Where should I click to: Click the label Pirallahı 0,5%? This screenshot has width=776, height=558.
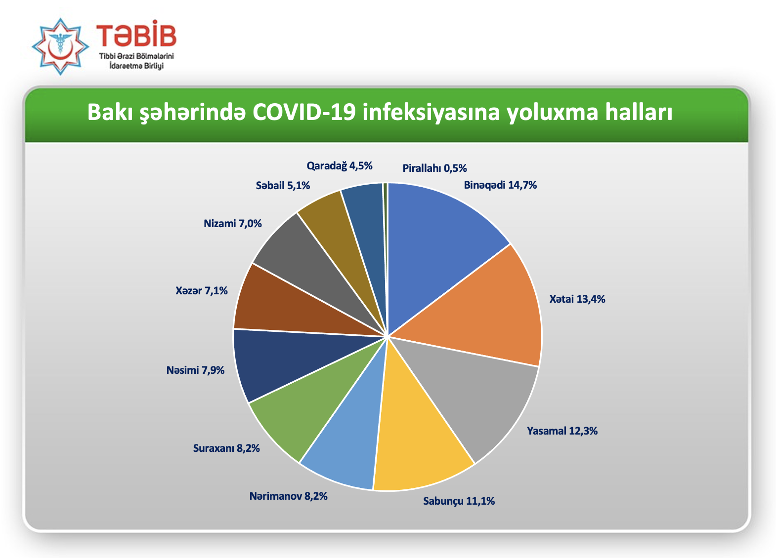tap(434, 168)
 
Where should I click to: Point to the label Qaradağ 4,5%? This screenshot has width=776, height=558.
tap(340, 166)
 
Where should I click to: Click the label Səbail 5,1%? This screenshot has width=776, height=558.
tap(283, 186)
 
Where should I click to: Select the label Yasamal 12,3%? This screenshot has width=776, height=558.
tap(562, 431)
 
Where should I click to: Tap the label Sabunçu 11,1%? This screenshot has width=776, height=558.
tap(459, 501)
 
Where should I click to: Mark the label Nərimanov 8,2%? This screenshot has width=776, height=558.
tap(288, 496)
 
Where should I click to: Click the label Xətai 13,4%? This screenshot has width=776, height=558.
tap(577, 299)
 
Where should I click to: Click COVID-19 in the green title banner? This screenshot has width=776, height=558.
tap(304, 113)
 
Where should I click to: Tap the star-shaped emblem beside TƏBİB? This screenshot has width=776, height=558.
tap(60, 46)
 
